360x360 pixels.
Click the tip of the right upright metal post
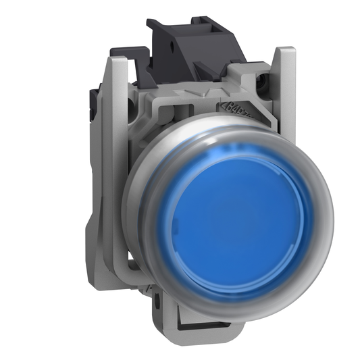287,51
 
